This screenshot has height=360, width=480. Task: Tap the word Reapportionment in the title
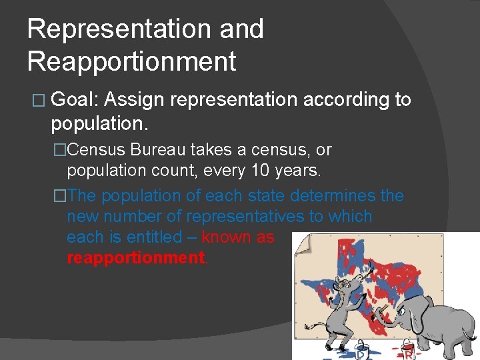tap(131, 61)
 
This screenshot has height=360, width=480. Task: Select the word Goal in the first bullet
tap(74, 100)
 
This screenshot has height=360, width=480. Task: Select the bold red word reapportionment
tap(137, 258)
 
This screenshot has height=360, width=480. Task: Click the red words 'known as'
tap(238, 237)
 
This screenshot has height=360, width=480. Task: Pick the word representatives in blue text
tap(279, 217)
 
